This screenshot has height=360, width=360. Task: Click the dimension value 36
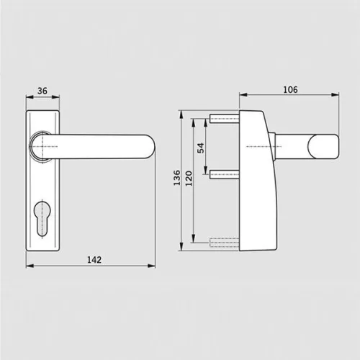point(42,91)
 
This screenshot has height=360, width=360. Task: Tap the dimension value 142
point(94,260)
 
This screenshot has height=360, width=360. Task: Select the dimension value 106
point(290,90)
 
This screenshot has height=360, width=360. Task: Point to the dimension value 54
point(201,148)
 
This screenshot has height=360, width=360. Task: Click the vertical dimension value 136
point(177,178)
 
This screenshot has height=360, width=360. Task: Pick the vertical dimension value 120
point(189,179)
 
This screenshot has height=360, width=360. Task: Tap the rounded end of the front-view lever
point(150,147)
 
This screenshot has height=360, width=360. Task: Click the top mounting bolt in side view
point(225,119)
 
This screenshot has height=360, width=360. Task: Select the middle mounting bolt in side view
point(225,174)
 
